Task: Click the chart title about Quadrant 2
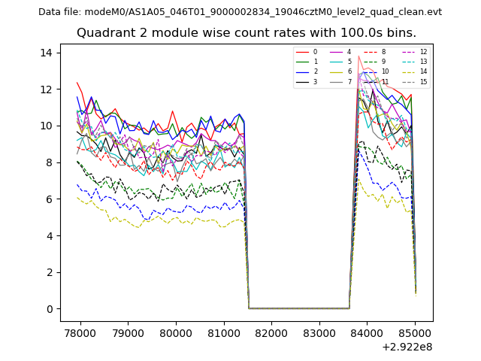pyautogui.click(x=246, y=33)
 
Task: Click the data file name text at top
pyautogui.click(x=240, y=12)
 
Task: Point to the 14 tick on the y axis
pyautogui.click(x=46, y=53)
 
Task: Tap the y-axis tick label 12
pyautogui.click(x=46, y=89)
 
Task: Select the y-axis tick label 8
pyautogui.click(x=48, y=162)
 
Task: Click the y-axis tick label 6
pyautogui.click(x=48, y=199)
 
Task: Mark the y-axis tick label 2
pyautogui.click(x=48, y=272)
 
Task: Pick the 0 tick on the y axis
pyautogui.click(x=48, y=309)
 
